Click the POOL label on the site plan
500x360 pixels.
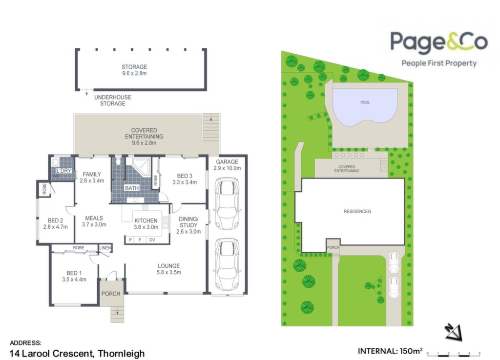(365, 102)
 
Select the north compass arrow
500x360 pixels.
(454, 333)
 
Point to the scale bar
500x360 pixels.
(454, 353)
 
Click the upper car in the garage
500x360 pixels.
(227, 203)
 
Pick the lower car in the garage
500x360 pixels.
(227, 264)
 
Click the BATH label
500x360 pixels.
(132, 188)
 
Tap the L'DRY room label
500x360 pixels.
(64, 171)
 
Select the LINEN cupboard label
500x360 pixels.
(105, 248)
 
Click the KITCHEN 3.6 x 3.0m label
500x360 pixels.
(146, 223)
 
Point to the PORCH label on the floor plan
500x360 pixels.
(111, 294)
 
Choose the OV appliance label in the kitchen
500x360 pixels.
(152, 240)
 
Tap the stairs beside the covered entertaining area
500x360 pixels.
(211, 127)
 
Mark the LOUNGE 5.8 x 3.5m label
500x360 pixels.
(168, 269)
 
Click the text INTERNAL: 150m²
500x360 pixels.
(390, 351)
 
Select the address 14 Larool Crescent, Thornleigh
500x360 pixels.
(77, 354)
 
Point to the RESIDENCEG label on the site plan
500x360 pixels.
(357, 211)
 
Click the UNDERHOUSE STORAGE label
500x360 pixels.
(113, 100)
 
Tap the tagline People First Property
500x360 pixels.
(439, 63)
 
